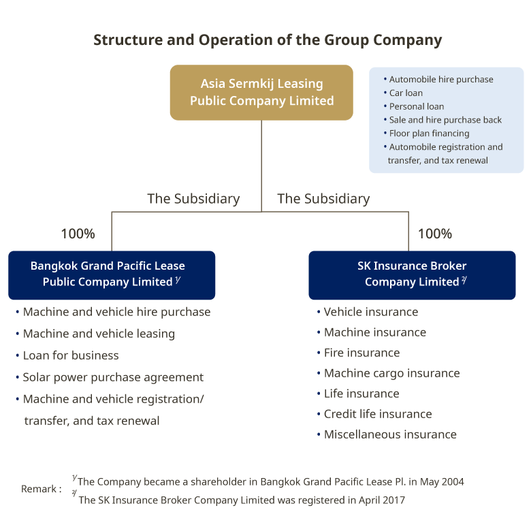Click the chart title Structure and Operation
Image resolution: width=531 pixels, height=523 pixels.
click(x=267, y=39)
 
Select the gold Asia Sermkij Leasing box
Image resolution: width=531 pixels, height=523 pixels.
click(x=261, y=93)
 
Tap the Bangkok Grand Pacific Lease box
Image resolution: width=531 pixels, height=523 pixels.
click(x=112, y=274)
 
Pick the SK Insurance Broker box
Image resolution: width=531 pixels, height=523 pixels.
click(x=412, y=274)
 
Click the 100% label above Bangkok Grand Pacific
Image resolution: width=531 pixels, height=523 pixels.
click(x=78, y=234)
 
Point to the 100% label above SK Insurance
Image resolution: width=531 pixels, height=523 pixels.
click(x=434, y=234)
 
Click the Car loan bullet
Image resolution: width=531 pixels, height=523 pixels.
click(x=406, y=93)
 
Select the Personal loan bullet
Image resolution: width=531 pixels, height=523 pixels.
click(x=417, y=106)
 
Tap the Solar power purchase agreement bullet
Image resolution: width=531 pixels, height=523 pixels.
click(x=113, y=377)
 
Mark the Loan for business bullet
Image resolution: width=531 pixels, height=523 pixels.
click(x=71, y=355)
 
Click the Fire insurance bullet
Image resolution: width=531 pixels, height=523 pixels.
click(x=361, y=353)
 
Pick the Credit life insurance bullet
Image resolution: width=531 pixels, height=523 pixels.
click(x=378, y=414)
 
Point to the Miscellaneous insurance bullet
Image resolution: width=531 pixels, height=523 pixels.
click(x=390, y=434)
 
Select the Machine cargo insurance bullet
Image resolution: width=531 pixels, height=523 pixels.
click(x=391, y=373)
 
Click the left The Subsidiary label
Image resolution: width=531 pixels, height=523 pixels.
click(x=193, y=199)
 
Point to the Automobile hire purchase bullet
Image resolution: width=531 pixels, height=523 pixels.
click(x=441, y=79)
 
